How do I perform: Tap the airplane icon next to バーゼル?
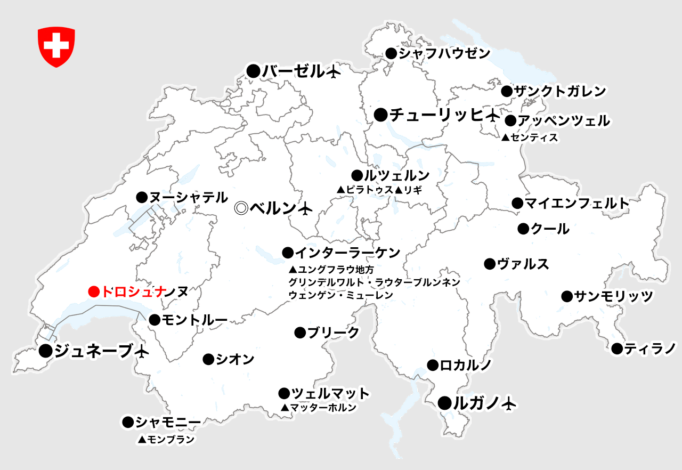tap(333, 72)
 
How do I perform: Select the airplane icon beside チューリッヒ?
tap(493, 115)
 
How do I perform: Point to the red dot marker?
tap(94, 291)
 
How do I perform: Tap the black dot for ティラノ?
tap(617, 349)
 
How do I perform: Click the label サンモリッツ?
tap(613, 296)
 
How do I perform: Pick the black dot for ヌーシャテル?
tap(142, 197)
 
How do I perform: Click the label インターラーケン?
tap(348, 252)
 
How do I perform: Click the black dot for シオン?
tap(208, 360)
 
